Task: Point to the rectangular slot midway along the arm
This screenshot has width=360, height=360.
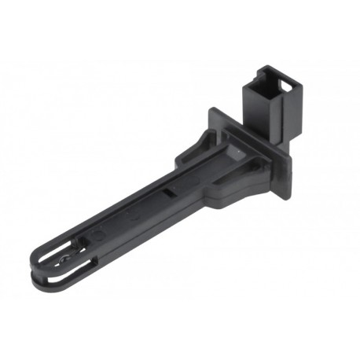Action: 167,193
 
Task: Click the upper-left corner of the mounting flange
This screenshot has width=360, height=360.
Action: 211,111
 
